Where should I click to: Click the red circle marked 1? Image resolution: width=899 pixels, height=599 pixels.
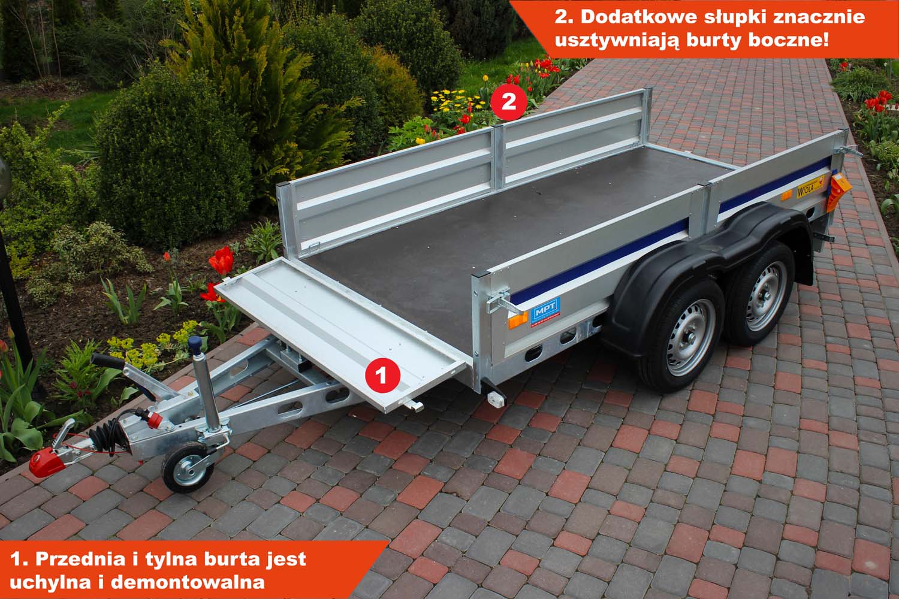[382, 376]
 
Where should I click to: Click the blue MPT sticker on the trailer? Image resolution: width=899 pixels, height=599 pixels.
[545, 311]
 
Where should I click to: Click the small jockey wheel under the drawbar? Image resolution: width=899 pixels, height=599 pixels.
[188, 467]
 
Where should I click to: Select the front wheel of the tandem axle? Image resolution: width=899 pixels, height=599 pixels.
[686, 334]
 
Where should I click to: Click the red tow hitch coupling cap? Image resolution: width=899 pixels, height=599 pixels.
[47, 461]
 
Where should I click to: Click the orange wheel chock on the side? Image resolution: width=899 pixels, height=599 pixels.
[838, 191]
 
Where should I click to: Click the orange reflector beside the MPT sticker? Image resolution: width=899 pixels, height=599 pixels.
[518, 320]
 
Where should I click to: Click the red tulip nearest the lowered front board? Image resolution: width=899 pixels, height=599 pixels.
[221, 261]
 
